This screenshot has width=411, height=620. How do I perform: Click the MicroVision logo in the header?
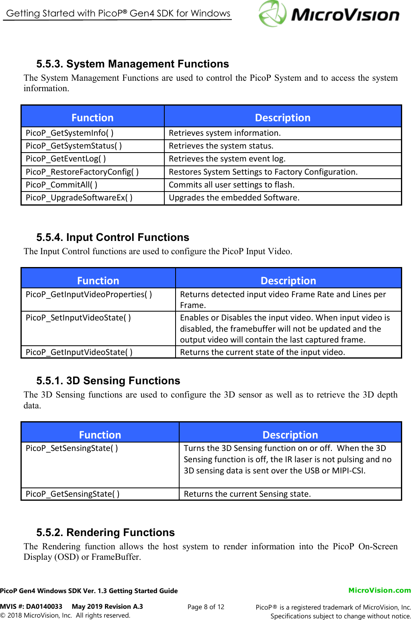(329, 14)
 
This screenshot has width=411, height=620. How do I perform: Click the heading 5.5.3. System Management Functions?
(133, 64)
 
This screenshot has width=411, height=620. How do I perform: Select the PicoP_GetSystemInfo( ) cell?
(70, 133)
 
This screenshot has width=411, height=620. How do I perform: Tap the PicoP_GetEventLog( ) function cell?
(66, 159)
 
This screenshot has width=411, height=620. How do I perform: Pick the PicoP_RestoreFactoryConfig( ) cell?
(82, 172)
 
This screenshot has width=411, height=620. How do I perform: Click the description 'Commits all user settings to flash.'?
(231, 185)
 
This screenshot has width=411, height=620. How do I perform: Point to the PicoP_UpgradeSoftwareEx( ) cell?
(79, 198)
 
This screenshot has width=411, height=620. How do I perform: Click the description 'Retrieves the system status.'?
(221, 146)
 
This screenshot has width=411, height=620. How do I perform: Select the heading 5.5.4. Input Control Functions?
(112, 237)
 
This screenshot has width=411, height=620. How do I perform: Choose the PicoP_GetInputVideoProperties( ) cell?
(89, 294)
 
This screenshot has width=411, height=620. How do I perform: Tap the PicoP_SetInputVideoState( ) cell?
(78, 318)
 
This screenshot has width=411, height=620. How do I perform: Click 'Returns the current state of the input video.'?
(262, 352)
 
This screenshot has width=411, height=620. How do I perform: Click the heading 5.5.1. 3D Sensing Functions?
(108, 381)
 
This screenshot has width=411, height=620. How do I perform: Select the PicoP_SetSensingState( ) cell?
(72, 448)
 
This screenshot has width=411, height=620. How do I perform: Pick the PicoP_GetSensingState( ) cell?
(72, 494)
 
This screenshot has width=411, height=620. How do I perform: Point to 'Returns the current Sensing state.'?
(247, 494)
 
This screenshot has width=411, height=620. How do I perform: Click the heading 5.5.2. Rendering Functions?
(105, 532)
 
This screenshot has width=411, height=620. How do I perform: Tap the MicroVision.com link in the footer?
(379, 590)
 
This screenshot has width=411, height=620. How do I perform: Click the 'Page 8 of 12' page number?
(206, 607)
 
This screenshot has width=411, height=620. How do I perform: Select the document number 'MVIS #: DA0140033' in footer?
(31, 606)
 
